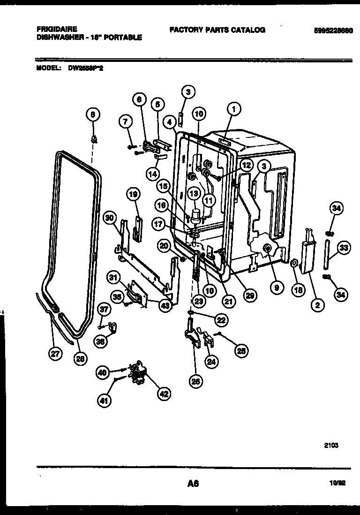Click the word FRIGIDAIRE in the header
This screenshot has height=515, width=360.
(x=57, y=29)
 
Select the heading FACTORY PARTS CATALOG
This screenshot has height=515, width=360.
(x=217, y=30)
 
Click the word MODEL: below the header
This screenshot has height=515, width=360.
(x=48, y=68)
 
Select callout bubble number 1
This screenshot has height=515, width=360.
(x=233, y=109)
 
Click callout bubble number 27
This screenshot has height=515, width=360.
(x=56, y=354)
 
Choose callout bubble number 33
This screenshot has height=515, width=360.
(x=344, y=248)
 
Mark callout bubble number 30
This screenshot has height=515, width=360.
(x=110, y=218)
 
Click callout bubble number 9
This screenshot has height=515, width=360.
(x=277, y=288)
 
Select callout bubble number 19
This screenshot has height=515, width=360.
(x=134, y=194)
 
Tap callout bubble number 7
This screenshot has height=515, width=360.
(x=125, y=122)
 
